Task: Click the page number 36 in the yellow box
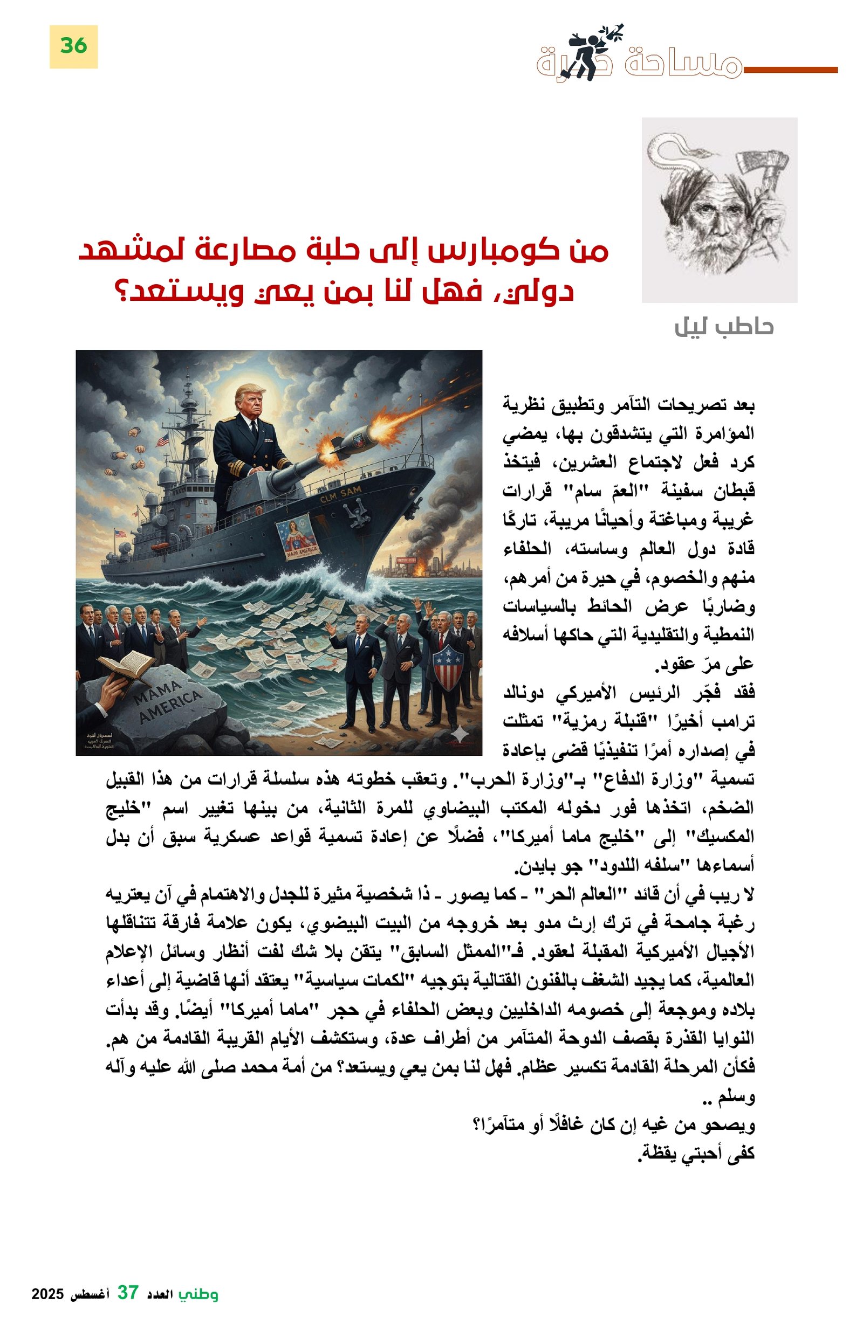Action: point(73,46)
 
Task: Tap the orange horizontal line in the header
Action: point(790,70)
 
